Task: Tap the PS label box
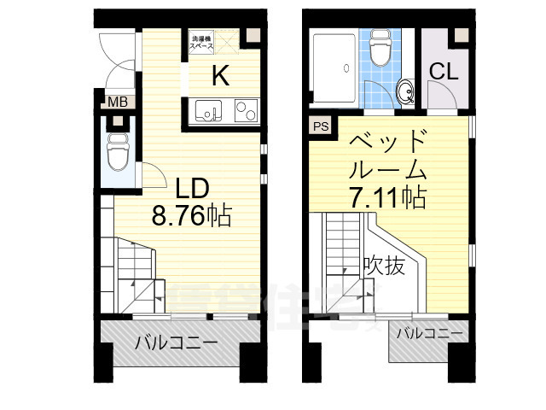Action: point(321,126)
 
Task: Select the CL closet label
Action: point(444,72)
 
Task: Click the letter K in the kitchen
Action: point(219,76)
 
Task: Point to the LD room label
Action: point(193,187)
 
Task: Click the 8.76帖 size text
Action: point(191,217)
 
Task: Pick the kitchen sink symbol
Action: point(208,110)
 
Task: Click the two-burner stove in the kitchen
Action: point(244,110)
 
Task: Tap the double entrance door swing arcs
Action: point(114,60)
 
